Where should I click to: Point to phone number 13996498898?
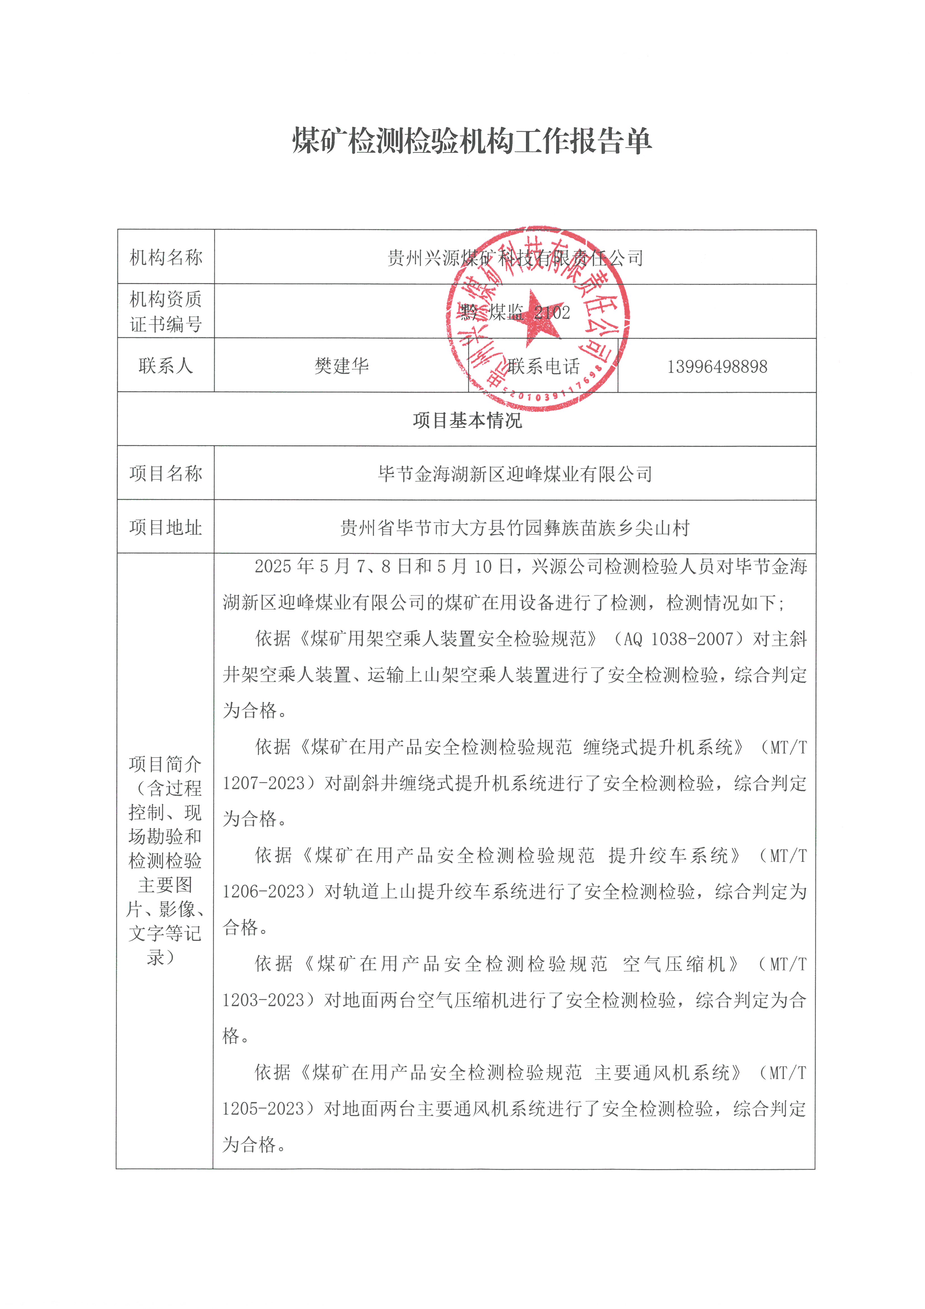tap(717, 367)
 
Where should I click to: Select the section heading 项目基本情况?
tap(467, 420)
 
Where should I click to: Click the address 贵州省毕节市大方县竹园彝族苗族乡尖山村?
tap(515, 528)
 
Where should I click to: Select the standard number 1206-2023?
tap(263, 891)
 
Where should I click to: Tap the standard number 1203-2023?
tap(263, 999)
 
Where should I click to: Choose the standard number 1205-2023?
tap(263, 1108)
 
